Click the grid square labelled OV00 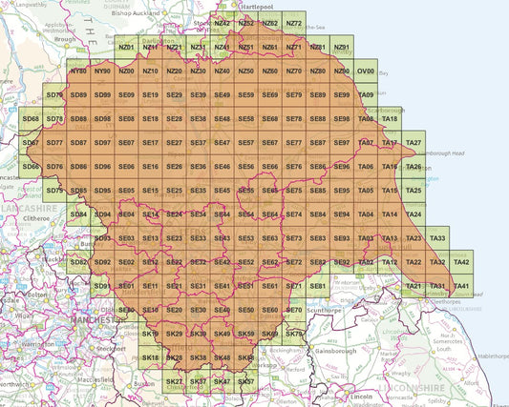click(366, 71)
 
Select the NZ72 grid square click(294, 24)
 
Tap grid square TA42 click(461, 262)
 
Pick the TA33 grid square click(437, 238)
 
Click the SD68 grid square click(31, 119)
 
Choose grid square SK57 click(245, 381)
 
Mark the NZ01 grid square click(126, 48)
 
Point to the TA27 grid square click(414, 143)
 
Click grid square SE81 click(318, 286)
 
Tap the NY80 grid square click(78, 71)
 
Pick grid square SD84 click(78, 214)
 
